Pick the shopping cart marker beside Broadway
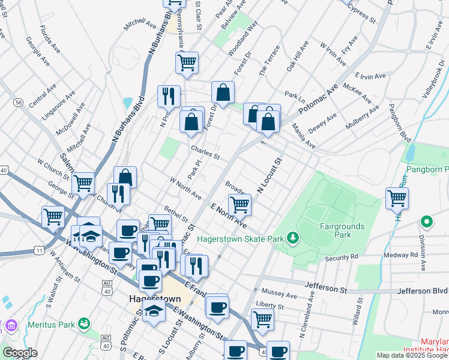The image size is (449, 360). click(x=240, y=205)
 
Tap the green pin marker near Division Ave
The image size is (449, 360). click(x=427, y=223)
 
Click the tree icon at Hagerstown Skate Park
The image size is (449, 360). click(x=292, y=239)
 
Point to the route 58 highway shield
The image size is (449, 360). click(x=19, y=103)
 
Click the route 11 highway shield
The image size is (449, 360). click(x=39, y=249)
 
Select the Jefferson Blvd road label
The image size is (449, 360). click(x=423, y=291)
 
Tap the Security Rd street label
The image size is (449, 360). click(x=341, y=258)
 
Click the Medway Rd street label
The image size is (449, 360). click(x=405, y=255)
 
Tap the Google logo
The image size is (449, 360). click(x=20, y=353)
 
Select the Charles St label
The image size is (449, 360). click(x=205, y=153)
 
